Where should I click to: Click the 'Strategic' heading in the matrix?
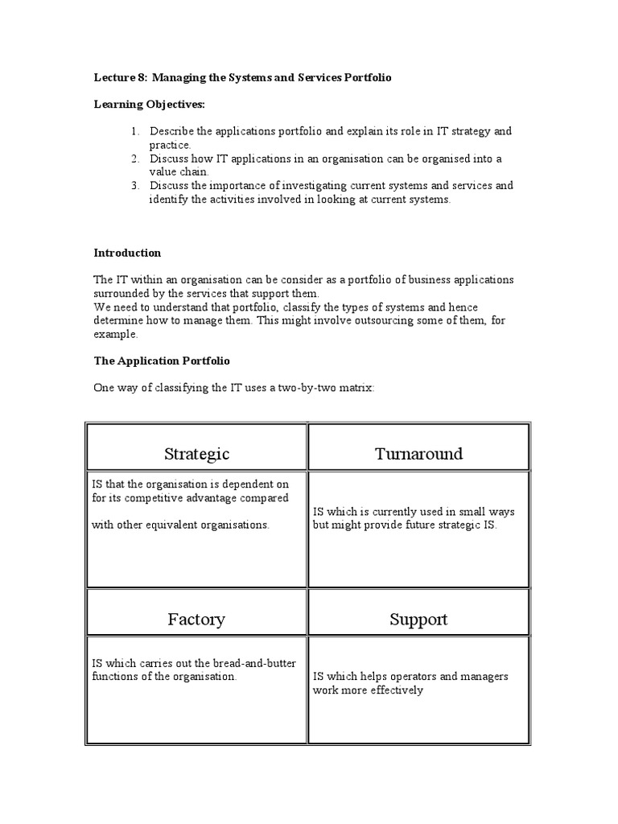(196, 454)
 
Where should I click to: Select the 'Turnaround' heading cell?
(418, 454)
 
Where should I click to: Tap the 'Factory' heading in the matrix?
(196, 620)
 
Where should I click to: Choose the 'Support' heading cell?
(418, 620)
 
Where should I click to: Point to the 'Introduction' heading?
(127, 253)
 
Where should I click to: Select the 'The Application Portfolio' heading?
(162, 361)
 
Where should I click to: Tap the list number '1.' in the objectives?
(134, 131)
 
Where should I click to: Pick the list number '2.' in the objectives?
(134, 159)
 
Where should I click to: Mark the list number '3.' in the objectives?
(134, 186)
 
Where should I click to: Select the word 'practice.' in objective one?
(170, 145)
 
